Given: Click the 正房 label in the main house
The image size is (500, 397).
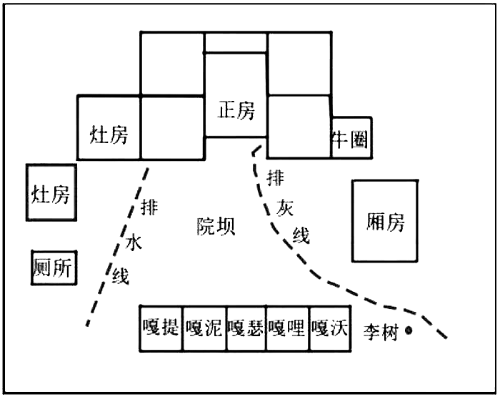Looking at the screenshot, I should tap(236, 111).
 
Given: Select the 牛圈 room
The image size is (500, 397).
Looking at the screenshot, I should tap(351, 138).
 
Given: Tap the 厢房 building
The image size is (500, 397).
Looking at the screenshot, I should tap(384, 221).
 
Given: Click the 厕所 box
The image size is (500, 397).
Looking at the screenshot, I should tap(52, 268).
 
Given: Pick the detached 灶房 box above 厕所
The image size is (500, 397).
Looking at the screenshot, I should tap(51, 193).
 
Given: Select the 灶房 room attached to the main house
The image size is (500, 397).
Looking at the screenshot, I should tap(109, 133).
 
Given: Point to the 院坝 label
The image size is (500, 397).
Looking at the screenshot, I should tap(216, 226).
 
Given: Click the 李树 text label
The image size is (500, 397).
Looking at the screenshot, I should tap(381, 332).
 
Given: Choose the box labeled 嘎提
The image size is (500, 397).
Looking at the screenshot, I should tap(161, 329).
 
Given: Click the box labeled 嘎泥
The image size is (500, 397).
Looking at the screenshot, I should tap(204, 329).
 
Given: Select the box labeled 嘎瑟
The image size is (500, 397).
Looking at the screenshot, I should tap(246, 329).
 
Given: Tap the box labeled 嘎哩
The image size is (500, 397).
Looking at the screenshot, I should tap(287, 329).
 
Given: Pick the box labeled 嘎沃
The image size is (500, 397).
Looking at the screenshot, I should tap(329, 329).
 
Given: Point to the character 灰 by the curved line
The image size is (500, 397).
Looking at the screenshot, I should tap(286, 208).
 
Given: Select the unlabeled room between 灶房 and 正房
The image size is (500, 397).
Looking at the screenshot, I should tap(173, 127).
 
